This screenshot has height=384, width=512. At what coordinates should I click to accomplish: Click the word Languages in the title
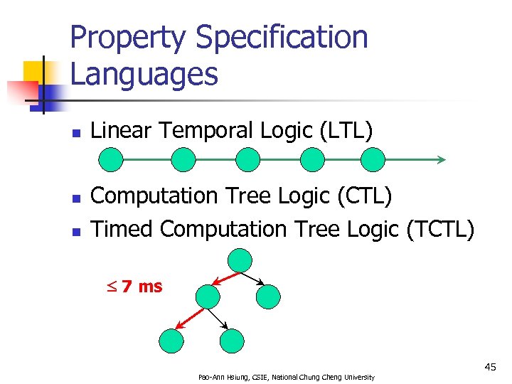(144, 74)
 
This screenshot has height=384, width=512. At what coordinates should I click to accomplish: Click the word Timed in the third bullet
(122, 229)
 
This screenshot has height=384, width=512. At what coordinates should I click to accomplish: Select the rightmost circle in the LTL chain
(372, 160)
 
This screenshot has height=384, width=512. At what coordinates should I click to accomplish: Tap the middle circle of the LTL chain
(247, 160)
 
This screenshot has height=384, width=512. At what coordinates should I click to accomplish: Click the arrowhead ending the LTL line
(441, 160)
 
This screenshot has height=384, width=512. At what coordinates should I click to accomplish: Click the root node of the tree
(240, 260)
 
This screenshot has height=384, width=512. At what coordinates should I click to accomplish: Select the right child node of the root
(269, 296)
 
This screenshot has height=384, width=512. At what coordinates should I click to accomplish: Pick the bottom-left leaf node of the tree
(171, 341)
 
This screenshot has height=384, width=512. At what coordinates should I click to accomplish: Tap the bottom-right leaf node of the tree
(232, 341)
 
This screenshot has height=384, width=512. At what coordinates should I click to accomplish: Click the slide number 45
(490, 367)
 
